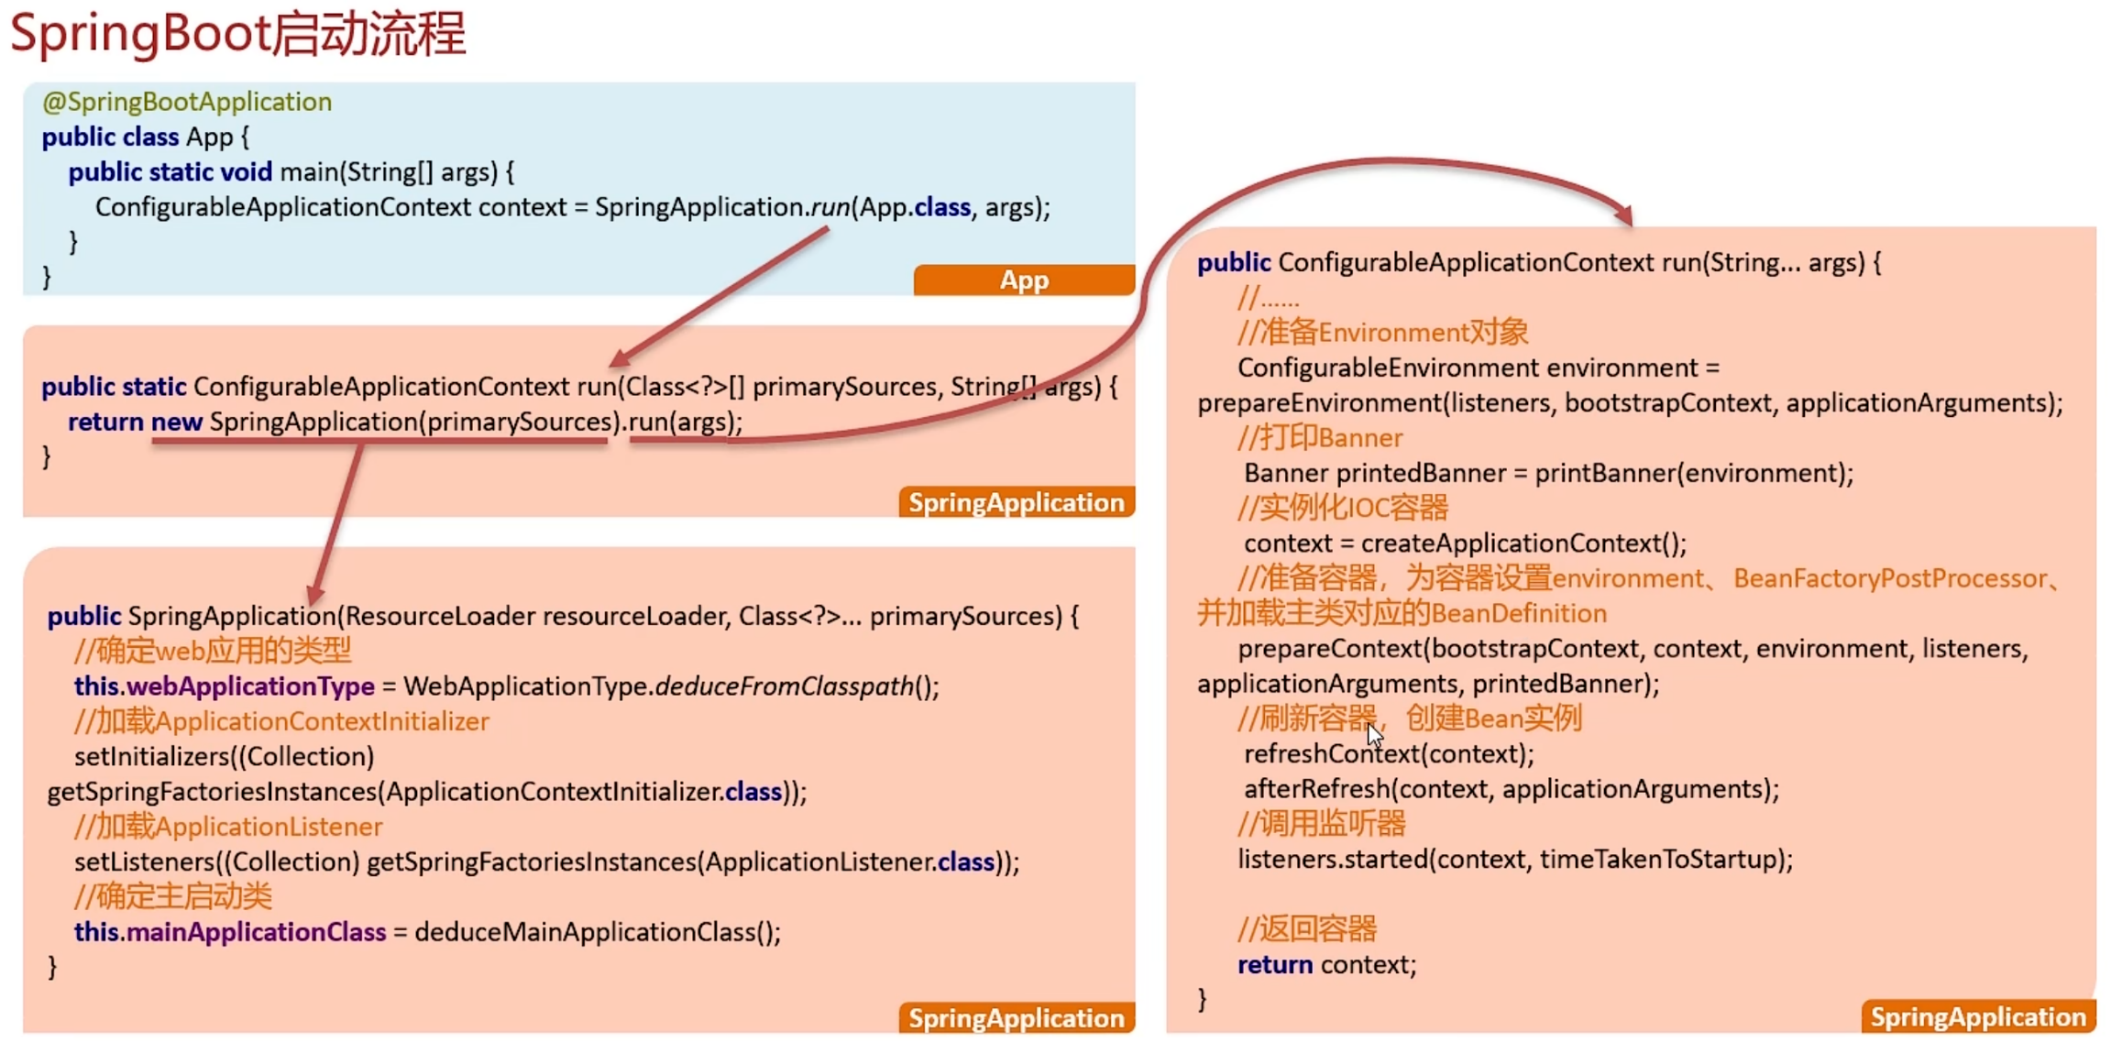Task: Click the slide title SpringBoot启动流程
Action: click(x=237, y=35)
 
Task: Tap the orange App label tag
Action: click(x=1023, y=280)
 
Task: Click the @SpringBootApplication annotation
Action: click(x=187, y=102)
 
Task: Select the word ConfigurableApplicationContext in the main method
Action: click(x=282, y=207)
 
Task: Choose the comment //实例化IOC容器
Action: click(x=1342, y=508)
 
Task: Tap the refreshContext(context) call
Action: click(x=1388, y=754)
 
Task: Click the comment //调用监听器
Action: click(x=1321, y=824)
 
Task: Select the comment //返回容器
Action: click(x=1306, y=929)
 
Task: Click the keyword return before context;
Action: click(x=1274, y=965)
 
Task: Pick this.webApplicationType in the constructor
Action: click(x=224, y=686)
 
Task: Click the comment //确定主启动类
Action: click(x=173, y=896)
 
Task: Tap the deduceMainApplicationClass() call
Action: click(x=597, y=932)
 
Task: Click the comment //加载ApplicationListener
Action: click(x=228, y=827)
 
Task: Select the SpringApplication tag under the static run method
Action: click(x=1016, y=502)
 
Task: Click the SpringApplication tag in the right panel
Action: click(x=1977, y=1017)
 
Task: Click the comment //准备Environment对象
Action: click(x=1382, y=332)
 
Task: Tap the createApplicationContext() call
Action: click(x=1523, y=543)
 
